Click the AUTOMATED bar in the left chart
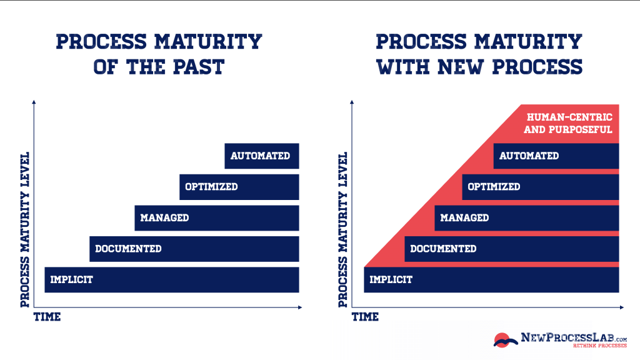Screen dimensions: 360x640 pos(261,156)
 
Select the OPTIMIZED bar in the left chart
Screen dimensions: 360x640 pos(239,187)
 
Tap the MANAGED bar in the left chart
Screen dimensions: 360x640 pos(216,218)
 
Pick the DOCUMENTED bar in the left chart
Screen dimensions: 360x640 pos(194,249)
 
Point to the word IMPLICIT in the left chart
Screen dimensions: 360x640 pos(71,279)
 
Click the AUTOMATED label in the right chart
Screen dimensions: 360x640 pos(529,156)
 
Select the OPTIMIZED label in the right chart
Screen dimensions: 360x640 pos(494,187)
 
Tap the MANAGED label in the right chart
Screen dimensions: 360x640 pos(464,218)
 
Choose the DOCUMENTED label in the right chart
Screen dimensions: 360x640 pos(443,249)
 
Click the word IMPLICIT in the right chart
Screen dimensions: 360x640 pos(391,279)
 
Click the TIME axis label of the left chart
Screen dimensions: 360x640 pos(47,317)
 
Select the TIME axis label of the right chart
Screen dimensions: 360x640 pos(365,317)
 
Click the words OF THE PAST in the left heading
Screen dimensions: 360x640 pos(159,66)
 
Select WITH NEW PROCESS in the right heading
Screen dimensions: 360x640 pos(479,66)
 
